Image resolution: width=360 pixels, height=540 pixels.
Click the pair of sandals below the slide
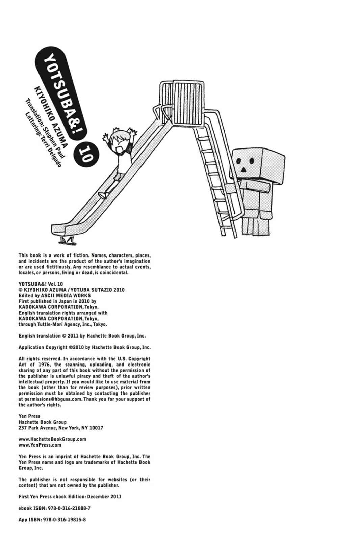tap(68, 240)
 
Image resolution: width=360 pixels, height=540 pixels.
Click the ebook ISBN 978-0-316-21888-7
tap(67, 508)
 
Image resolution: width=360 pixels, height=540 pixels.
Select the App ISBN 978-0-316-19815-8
tap(63, 519)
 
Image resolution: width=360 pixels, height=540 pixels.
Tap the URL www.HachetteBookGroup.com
tap(52, 439)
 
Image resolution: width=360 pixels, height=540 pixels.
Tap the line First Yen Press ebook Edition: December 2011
tap(70, 496)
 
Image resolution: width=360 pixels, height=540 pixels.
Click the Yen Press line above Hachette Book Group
tap(29, 416)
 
